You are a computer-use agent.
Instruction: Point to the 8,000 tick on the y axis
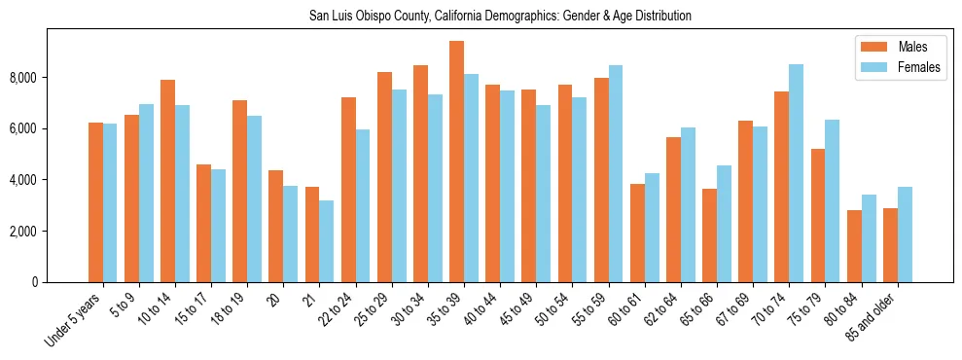29,78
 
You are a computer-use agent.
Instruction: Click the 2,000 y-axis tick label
29,232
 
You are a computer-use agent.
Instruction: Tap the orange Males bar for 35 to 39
456,162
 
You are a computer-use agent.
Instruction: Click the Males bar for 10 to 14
167,181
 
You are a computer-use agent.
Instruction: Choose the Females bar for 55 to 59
616,173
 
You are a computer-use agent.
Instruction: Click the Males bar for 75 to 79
817,215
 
